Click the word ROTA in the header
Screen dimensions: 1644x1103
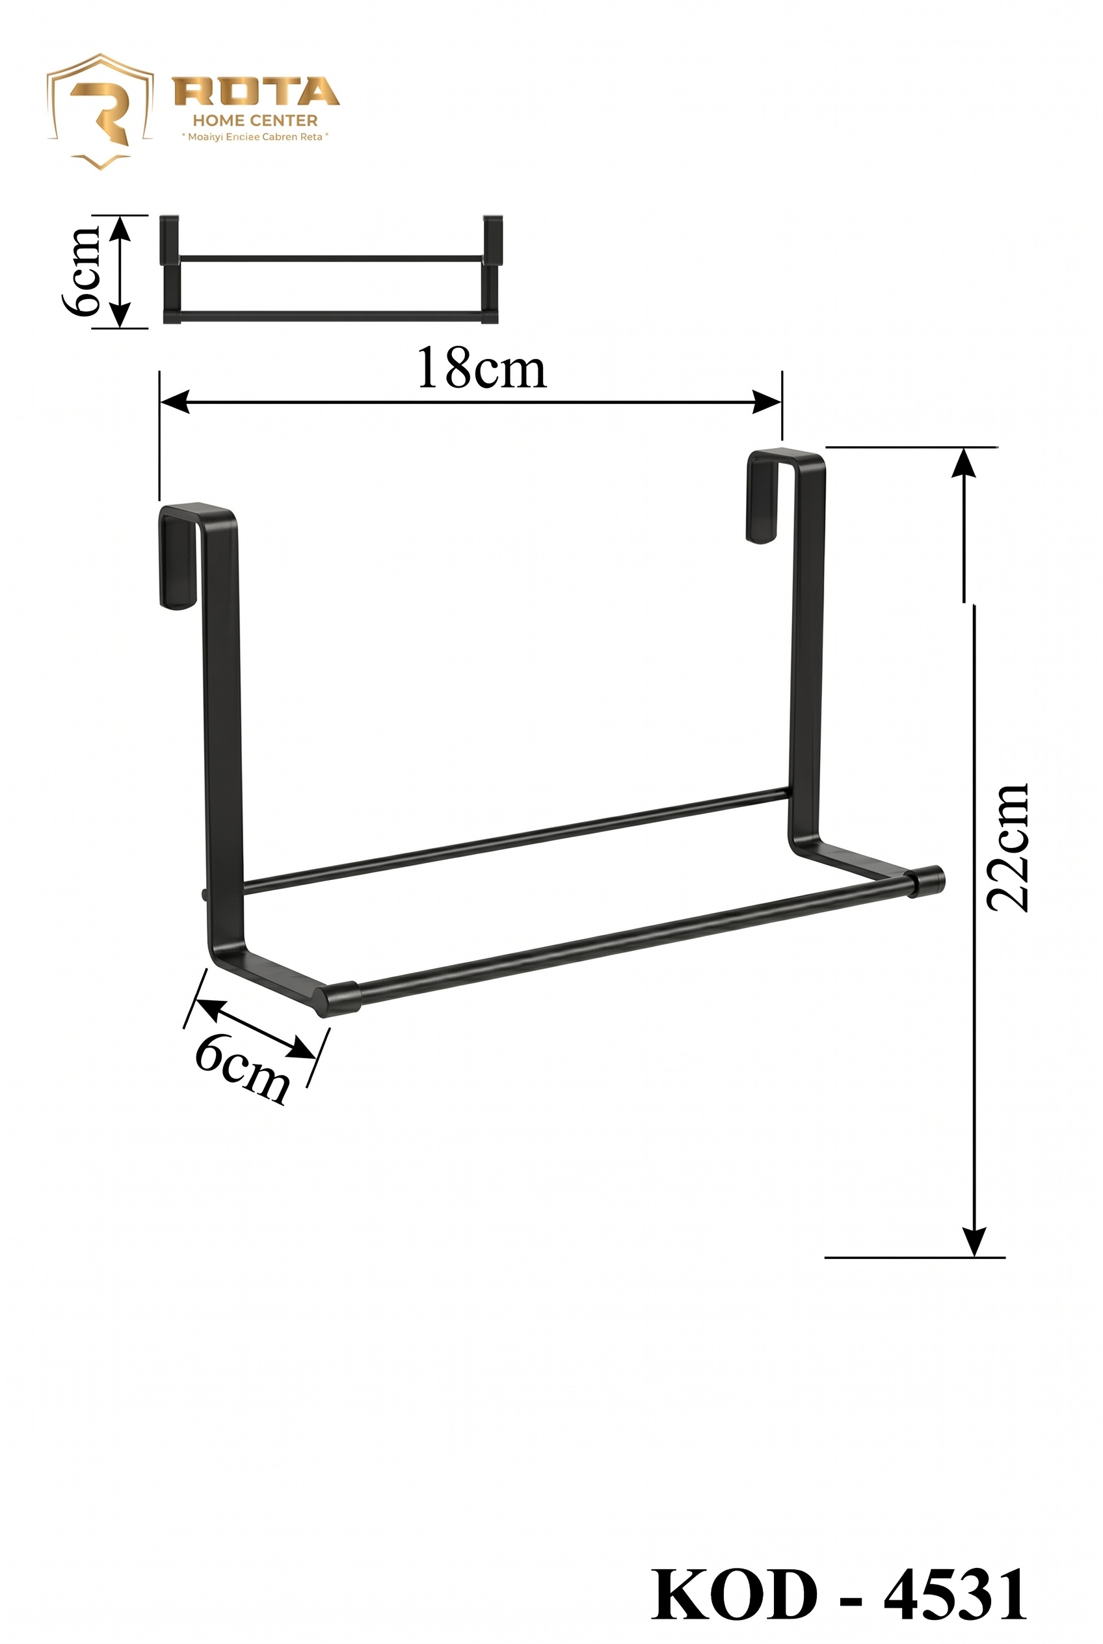257,92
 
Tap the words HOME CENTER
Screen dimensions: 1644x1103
256,121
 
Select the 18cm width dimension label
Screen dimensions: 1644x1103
481,369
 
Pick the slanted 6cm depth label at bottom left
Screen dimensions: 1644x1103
241,1074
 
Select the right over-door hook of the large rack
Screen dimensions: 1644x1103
770,496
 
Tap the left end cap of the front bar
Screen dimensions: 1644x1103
339,1000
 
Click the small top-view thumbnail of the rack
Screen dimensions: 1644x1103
330,270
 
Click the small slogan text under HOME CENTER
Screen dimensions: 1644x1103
256,137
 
